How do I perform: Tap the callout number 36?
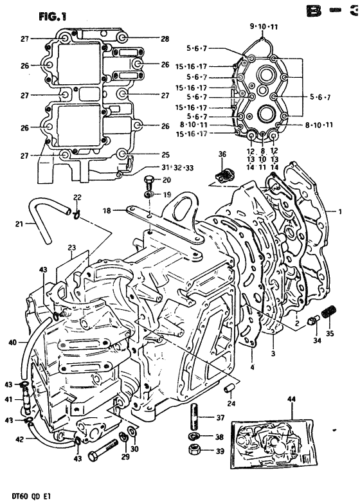[222, 154]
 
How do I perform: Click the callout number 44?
[292, 399]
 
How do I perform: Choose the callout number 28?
[165, 39]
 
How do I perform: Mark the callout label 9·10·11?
[263, 26]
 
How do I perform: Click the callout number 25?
[165, 154]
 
